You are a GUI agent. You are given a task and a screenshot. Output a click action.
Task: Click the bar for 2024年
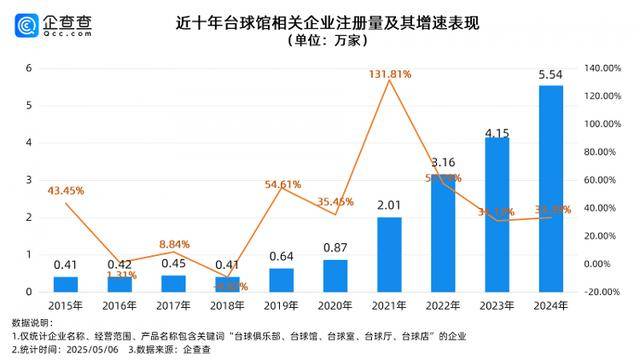pos(551,188)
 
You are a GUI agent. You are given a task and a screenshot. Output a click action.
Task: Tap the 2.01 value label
pos(389,205)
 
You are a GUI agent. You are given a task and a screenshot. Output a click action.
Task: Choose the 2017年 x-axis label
pos(174,306)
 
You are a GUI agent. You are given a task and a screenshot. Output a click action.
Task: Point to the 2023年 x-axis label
pos(497,306)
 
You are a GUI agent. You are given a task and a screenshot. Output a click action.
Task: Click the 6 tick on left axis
pos(30,68)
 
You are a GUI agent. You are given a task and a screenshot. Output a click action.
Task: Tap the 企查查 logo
pos(45,23)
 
